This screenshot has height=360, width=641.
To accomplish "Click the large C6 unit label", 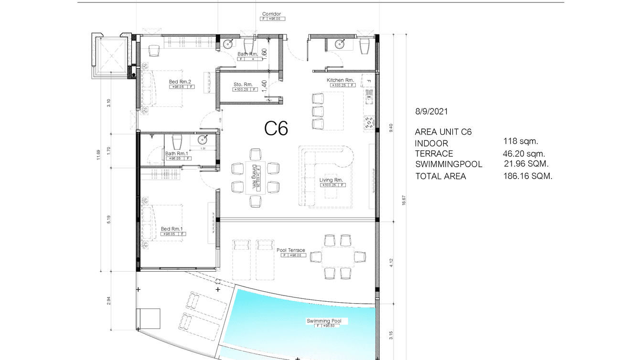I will tap(277, 128).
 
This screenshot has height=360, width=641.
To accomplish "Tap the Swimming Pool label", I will tap(327, 321).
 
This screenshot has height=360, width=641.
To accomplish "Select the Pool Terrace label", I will tap(291, 250).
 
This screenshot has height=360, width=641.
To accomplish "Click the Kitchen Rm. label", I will tap(340, 80).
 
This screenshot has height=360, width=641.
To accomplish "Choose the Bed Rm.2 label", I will tap(180, 82).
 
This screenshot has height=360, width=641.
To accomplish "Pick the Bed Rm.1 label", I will tap(172, 229).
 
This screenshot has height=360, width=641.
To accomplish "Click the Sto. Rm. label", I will tap(243, 85).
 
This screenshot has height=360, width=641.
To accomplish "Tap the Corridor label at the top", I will tap(271, 14).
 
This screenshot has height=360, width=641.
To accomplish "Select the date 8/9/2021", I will tap(431, 112).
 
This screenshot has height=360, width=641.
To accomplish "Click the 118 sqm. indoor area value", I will tap(521, 141).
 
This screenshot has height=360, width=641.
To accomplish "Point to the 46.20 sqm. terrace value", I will tap(524, 154).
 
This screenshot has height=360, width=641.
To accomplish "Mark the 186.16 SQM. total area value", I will tap(528, 176).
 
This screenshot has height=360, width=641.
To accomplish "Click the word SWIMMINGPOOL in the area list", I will tap(449, 164).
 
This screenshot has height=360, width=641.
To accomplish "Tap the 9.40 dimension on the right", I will tap(390, 128).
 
